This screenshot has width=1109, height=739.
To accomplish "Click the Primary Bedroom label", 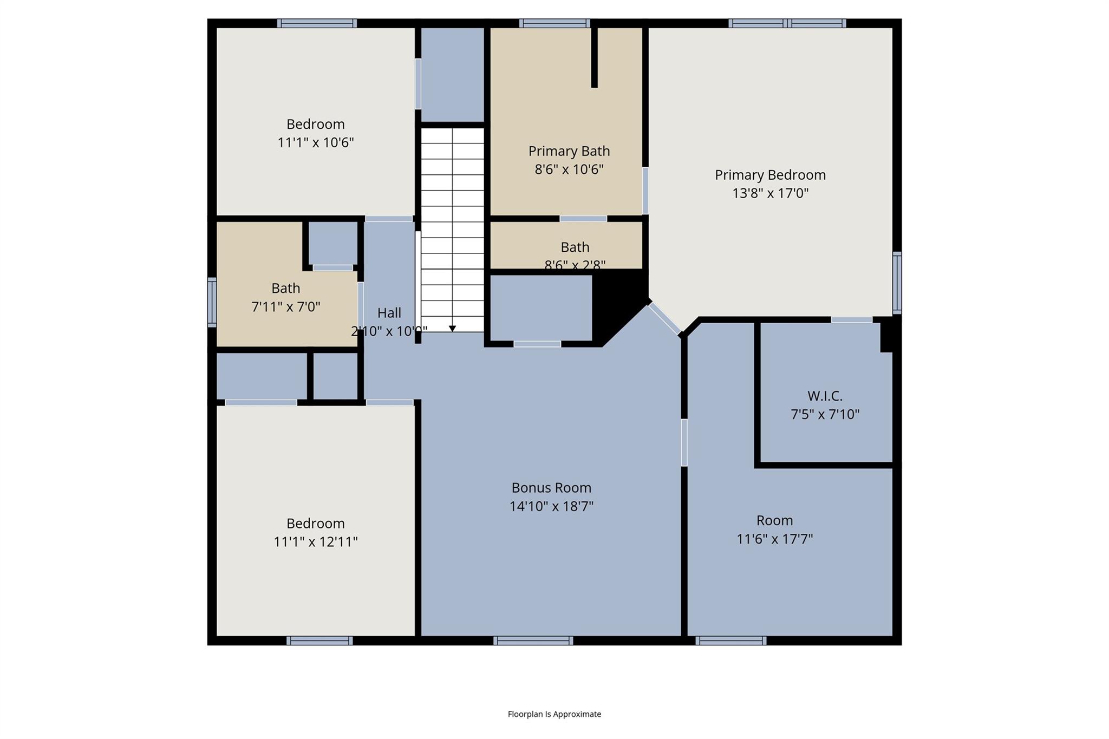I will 770,175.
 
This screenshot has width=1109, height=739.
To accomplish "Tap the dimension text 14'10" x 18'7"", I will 551,507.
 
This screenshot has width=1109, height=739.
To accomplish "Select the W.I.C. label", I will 825,396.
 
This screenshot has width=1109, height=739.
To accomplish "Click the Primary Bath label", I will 569,151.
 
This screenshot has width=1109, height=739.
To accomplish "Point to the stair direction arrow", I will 452,329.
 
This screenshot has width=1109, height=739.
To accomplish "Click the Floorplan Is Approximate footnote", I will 554,714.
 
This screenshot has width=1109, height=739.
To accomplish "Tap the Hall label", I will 389,313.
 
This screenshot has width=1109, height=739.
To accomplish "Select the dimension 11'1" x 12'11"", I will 315,542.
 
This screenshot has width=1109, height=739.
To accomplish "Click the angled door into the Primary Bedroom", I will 664,318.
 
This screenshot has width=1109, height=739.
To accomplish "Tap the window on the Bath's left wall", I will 212,302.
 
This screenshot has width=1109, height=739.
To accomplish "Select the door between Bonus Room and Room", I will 684,442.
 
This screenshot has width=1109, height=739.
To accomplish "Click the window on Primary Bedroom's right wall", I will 897,283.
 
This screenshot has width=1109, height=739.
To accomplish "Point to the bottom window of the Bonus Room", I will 533,641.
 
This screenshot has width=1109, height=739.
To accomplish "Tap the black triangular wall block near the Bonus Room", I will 617,303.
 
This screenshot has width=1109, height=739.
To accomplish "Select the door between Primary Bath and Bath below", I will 583,219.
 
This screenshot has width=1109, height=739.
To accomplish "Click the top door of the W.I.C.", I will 851,320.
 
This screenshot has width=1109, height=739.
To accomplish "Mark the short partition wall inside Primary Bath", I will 594,57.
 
